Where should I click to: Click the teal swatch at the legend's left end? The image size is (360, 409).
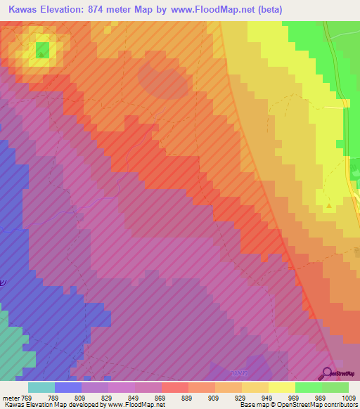pos(41,387)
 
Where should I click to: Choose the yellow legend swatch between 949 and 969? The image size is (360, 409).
pos(281,387)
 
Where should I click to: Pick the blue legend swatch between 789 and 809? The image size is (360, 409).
pos(67,387)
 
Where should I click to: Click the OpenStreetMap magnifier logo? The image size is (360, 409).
pos(328,373)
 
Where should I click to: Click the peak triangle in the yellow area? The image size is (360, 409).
pos(330,207)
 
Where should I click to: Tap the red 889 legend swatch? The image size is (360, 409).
pos(174,387)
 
